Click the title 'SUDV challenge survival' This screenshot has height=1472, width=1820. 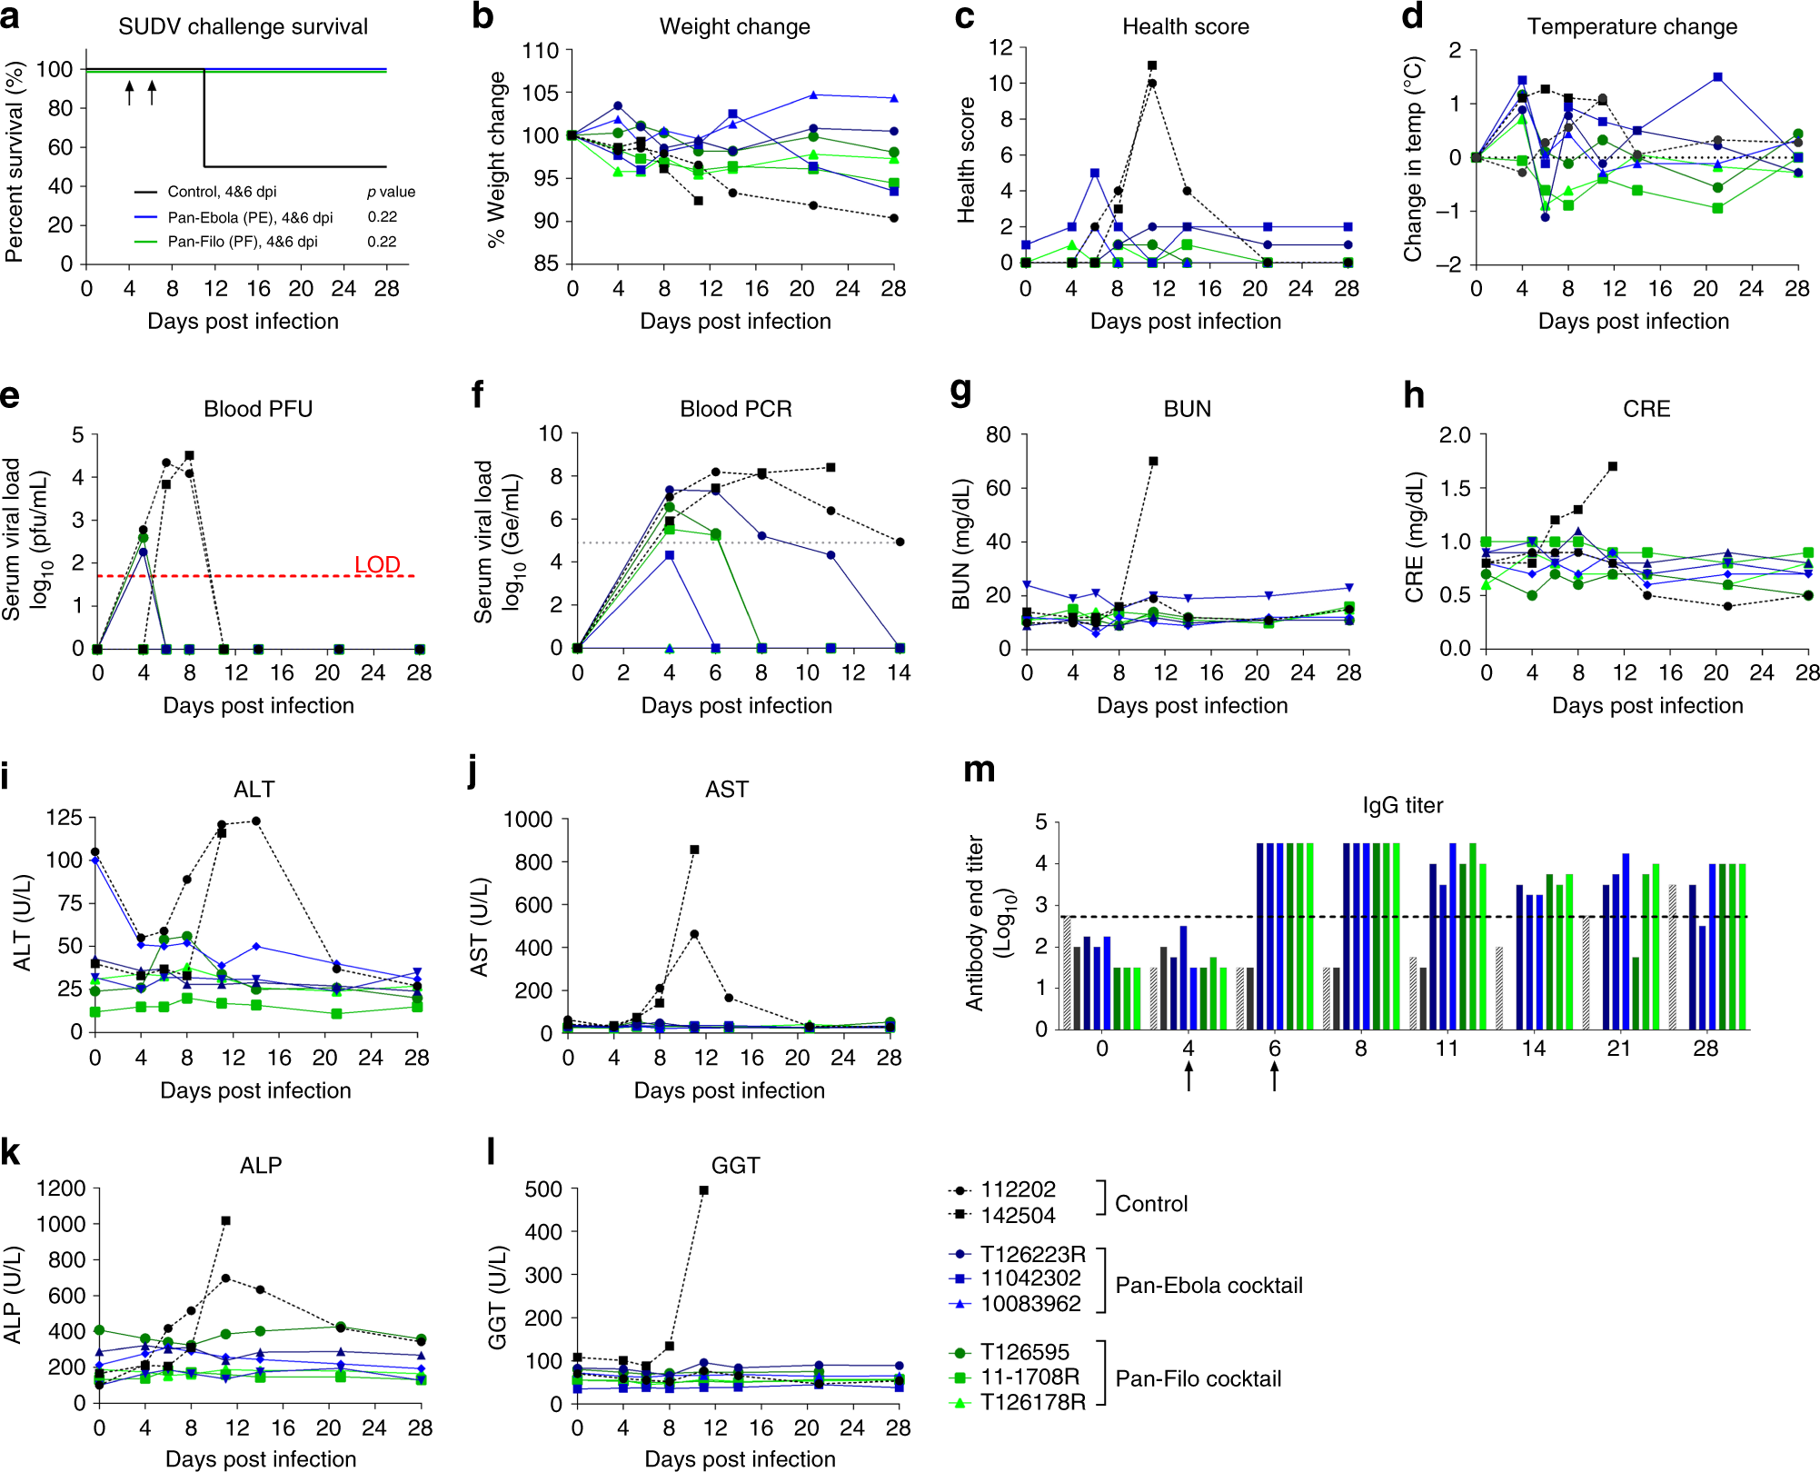pyautogui.click(x=243, y=26)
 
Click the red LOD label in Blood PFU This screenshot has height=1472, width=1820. pyautogui.click(x=377, y=564)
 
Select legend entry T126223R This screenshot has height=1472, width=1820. pyautogui.click(x=1032, y=1254)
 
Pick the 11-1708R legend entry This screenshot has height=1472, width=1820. pyautogui.click(x=1029, y=1377)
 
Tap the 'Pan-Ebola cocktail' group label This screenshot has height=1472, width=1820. pyautogui.click(x=1208, y=1285)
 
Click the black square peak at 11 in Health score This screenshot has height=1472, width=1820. pyautogui.click(x=1152, y=65)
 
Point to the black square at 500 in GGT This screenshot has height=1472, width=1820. pyautogui.click(x=704, y=1190)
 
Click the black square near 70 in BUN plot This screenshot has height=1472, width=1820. pyautogui.click(x=1153, y=462)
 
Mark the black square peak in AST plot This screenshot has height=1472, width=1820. pyautogui.click(x=694, y=850)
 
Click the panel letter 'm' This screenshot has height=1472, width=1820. pyautogui.click(x=979, y=771)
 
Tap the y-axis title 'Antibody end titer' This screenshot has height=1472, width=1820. pyautogui.click(x=975, y=922)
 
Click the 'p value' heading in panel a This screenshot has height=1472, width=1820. pyautogui.click(x=391, y=192)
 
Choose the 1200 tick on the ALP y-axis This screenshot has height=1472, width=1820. pyautogui.click(x=61, y=1189)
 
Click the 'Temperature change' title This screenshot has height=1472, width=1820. pyautogui.click(x=1632, y=26)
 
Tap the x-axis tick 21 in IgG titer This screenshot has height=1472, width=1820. pyautogui.click(x=1619, y=1049)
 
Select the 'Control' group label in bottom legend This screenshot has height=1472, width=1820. pyautogui.click(x=1151, y=1203)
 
